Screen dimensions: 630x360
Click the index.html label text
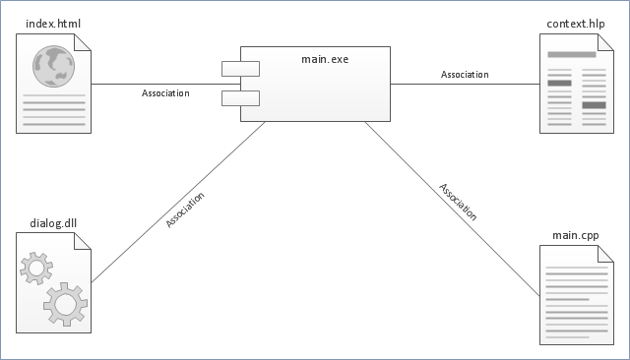(53, 24)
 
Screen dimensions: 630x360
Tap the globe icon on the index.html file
(53, 67)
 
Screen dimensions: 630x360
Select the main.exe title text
(325, 59)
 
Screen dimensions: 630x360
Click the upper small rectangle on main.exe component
(240, 69)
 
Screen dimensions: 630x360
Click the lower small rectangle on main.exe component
(240, 98)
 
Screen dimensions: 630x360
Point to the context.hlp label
(576, 24)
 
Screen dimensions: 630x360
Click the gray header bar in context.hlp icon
(572, 54)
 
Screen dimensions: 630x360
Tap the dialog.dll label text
(53, 223)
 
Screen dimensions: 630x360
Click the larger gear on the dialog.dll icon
(66, 304)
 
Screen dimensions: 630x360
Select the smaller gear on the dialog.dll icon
(36, 269)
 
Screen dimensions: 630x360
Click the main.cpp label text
(576, 235)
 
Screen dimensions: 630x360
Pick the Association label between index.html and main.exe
(165, 93)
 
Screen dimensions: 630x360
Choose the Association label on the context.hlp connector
(465, 74)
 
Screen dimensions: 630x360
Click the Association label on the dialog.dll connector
(185, 210)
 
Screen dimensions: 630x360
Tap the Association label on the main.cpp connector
(458, 202)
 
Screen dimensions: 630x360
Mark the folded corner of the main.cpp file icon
(605, 254)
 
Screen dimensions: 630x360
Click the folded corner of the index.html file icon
(83, 42)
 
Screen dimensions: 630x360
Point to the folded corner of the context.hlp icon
(605, 42)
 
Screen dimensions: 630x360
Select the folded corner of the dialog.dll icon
(83, 241)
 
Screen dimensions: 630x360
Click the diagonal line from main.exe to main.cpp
(453, 209)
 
